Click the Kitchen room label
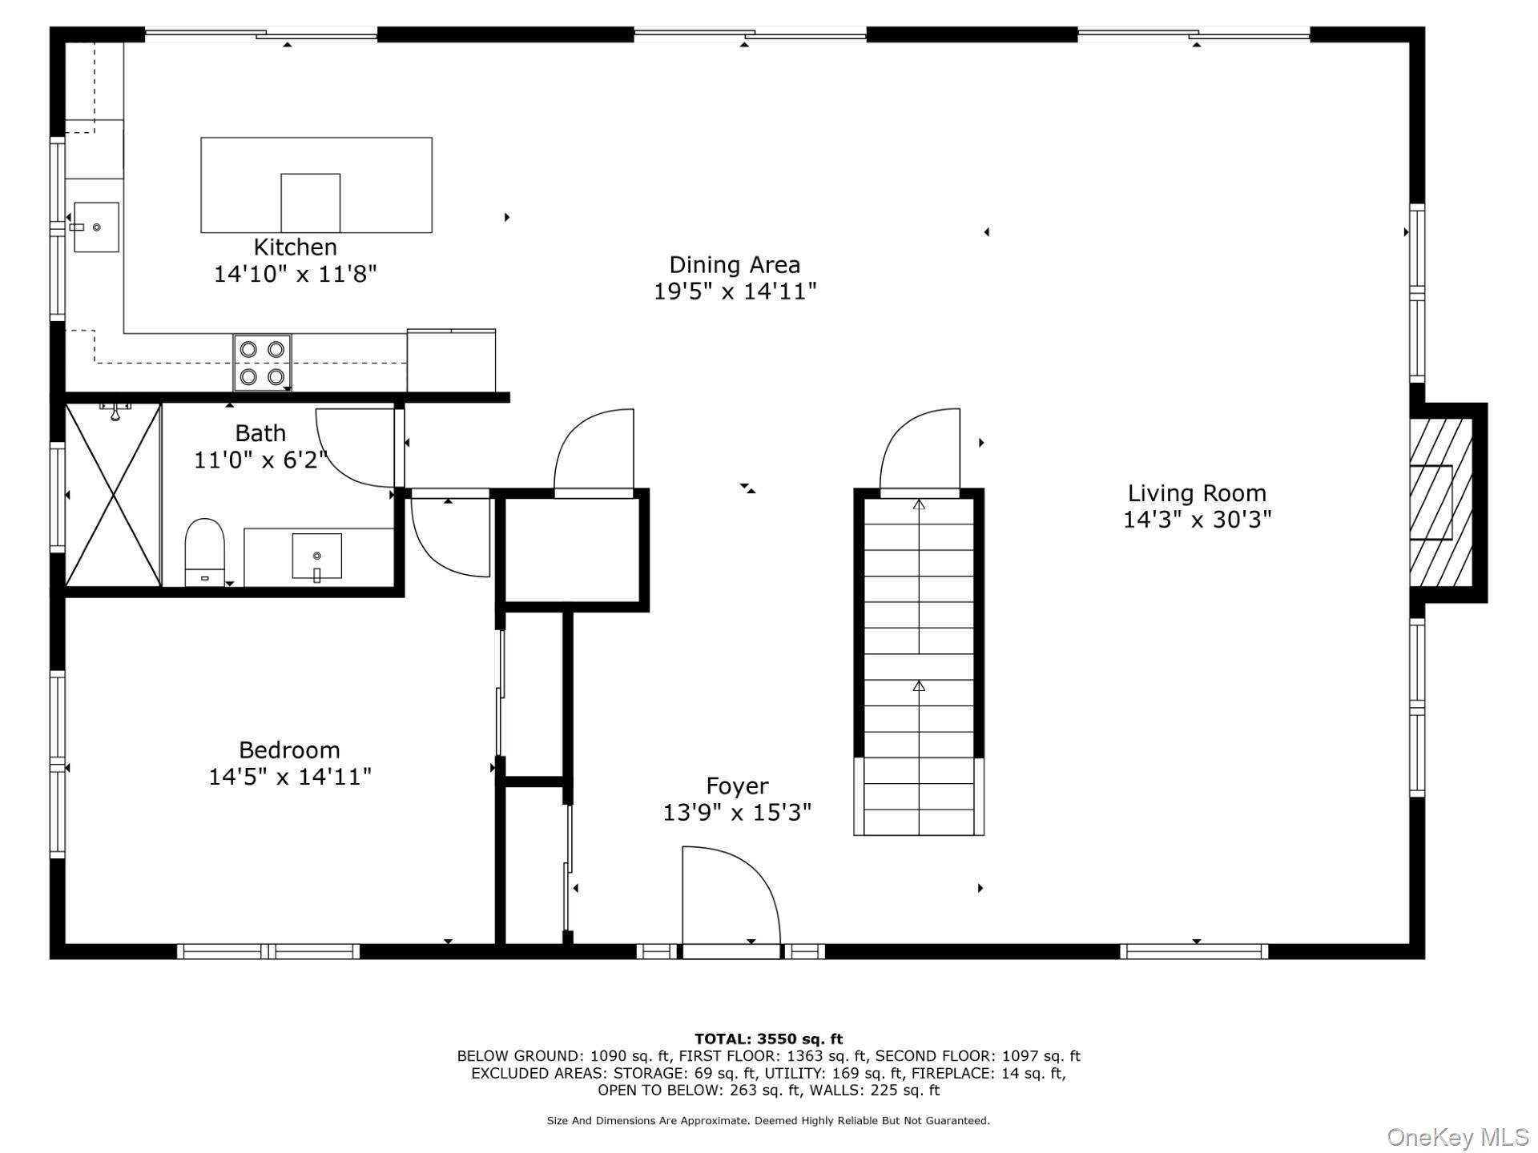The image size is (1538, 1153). pos(296,247)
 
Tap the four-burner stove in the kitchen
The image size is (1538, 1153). pos(263,363)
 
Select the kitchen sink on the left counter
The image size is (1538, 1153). pos(96,227)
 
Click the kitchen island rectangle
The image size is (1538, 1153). pos(316,185)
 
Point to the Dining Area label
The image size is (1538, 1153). pos(735,265)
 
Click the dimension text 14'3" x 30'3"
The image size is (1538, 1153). pos(1197,520)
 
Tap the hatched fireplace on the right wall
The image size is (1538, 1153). pos(1441,503)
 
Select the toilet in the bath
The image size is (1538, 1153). pos(205,552)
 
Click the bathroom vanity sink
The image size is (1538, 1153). pos(317,556)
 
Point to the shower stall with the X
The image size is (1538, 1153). pos(113,495)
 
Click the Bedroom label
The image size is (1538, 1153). pos(289,750)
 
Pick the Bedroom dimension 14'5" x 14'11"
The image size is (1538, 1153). pos(290,777)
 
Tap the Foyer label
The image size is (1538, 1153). pos(737,786)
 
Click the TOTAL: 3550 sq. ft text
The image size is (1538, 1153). pos(768,1039)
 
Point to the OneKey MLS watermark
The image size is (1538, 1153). pos(1458,1137)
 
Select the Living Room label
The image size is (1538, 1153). pos(1197,493)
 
